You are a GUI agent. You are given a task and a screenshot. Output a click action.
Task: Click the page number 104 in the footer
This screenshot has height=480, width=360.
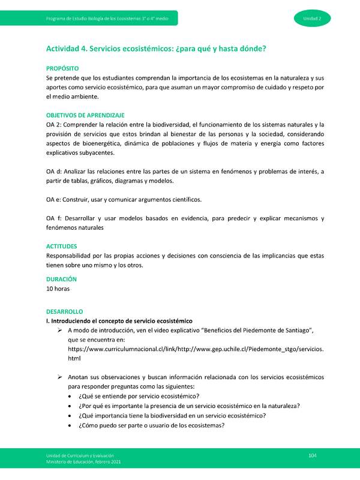pyautogui.click(x=312, y=457)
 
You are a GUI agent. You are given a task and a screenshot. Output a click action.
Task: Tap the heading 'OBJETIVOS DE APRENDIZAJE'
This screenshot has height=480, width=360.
pyautogui.click(x=85, y=115)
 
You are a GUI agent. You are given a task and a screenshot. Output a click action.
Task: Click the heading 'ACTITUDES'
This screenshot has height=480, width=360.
pyautogui.click(x=62, y=246)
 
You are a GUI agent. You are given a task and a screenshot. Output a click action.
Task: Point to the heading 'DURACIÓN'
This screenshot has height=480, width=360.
pyautogui.click(x=61, y=279)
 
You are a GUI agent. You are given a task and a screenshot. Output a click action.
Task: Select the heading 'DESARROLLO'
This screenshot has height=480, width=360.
pyautogui.click(x=64, y=312)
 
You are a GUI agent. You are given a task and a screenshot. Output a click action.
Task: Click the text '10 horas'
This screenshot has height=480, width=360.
pyautogui.click(x=58, y=289)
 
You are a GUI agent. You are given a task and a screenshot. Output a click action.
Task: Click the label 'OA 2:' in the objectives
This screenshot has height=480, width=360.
pyautogui.click(x=55, y=124)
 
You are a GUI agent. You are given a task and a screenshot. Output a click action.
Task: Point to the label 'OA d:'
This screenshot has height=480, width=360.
pyautogui.click(x=55, y=172)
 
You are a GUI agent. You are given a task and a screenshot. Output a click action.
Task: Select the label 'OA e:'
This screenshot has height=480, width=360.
pyautogui.click(x=55, y=199)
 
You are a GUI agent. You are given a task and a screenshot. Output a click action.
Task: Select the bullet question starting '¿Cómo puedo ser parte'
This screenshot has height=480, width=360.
pyautogui.click(x=151, y=425)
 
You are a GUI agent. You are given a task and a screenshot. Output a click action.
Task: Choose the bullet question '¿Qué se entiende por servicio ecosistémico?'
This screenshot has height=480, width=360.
pyautogui.click(x=139, y=396)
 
